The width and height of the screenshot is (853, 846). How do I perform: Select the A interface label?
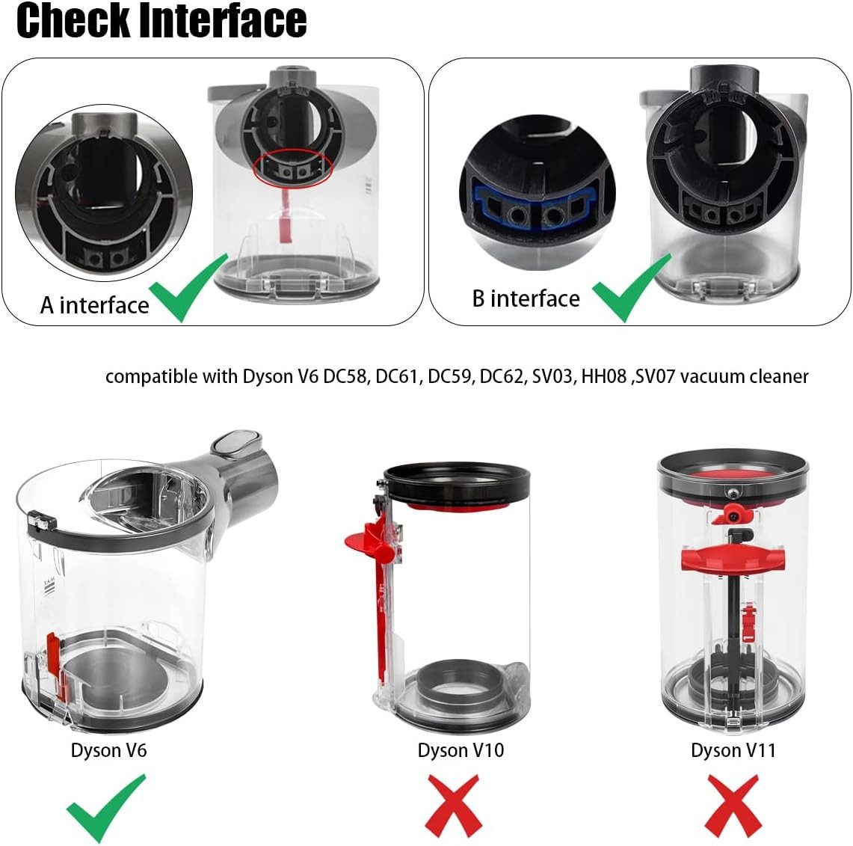click(94, 305)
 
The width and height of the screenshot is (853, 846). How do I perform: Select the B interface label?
click(526, 298)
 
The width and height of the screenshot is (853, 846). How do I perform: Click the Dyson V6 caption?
click(108, 750)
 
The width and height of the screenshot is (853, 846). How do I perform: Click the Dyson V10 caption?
click(461, 750)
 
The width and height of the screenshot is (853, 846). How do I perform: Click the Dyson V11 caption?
click(733, 750)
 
